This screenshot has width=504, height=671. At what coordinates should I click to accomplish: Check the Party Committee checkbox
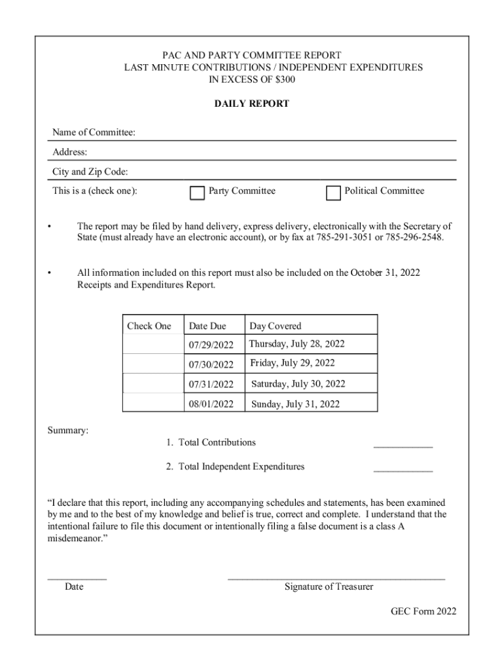click(197, 193)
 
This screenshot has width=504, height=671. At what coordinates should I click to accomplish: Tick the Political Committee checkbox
click(333, 193)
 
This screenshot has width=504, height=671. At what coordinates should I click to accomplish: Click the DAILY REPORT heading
click(252, 104)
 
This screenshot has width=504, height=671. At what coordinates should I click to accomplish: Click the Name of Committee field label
click(94, 133)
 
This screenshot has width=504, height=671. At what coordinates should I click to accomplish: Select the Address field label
click(69, 153)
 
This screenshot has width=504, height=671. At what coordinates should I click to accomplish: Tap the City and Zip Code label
click(90, 172)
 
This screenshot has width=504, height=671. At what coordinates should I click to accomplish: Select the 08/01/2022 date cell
click(211, 404)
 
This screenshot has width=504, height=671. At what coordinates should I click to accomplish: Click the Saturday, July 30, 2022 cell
click(298, 384)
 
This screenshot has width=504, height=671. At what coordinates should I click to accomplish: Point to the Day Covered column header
click(275, 326)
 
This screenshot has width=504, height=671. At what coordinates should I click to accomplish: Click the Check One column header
click(149, 326)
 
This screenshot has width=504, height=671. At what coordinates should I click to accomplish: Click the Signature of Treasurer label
click(329, 587)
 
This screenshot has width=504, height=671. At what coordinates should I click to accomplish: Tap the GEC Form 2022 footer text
click(423, 612)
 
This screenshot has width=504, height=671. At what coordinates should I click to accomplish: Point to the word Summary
click(68, 431)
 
